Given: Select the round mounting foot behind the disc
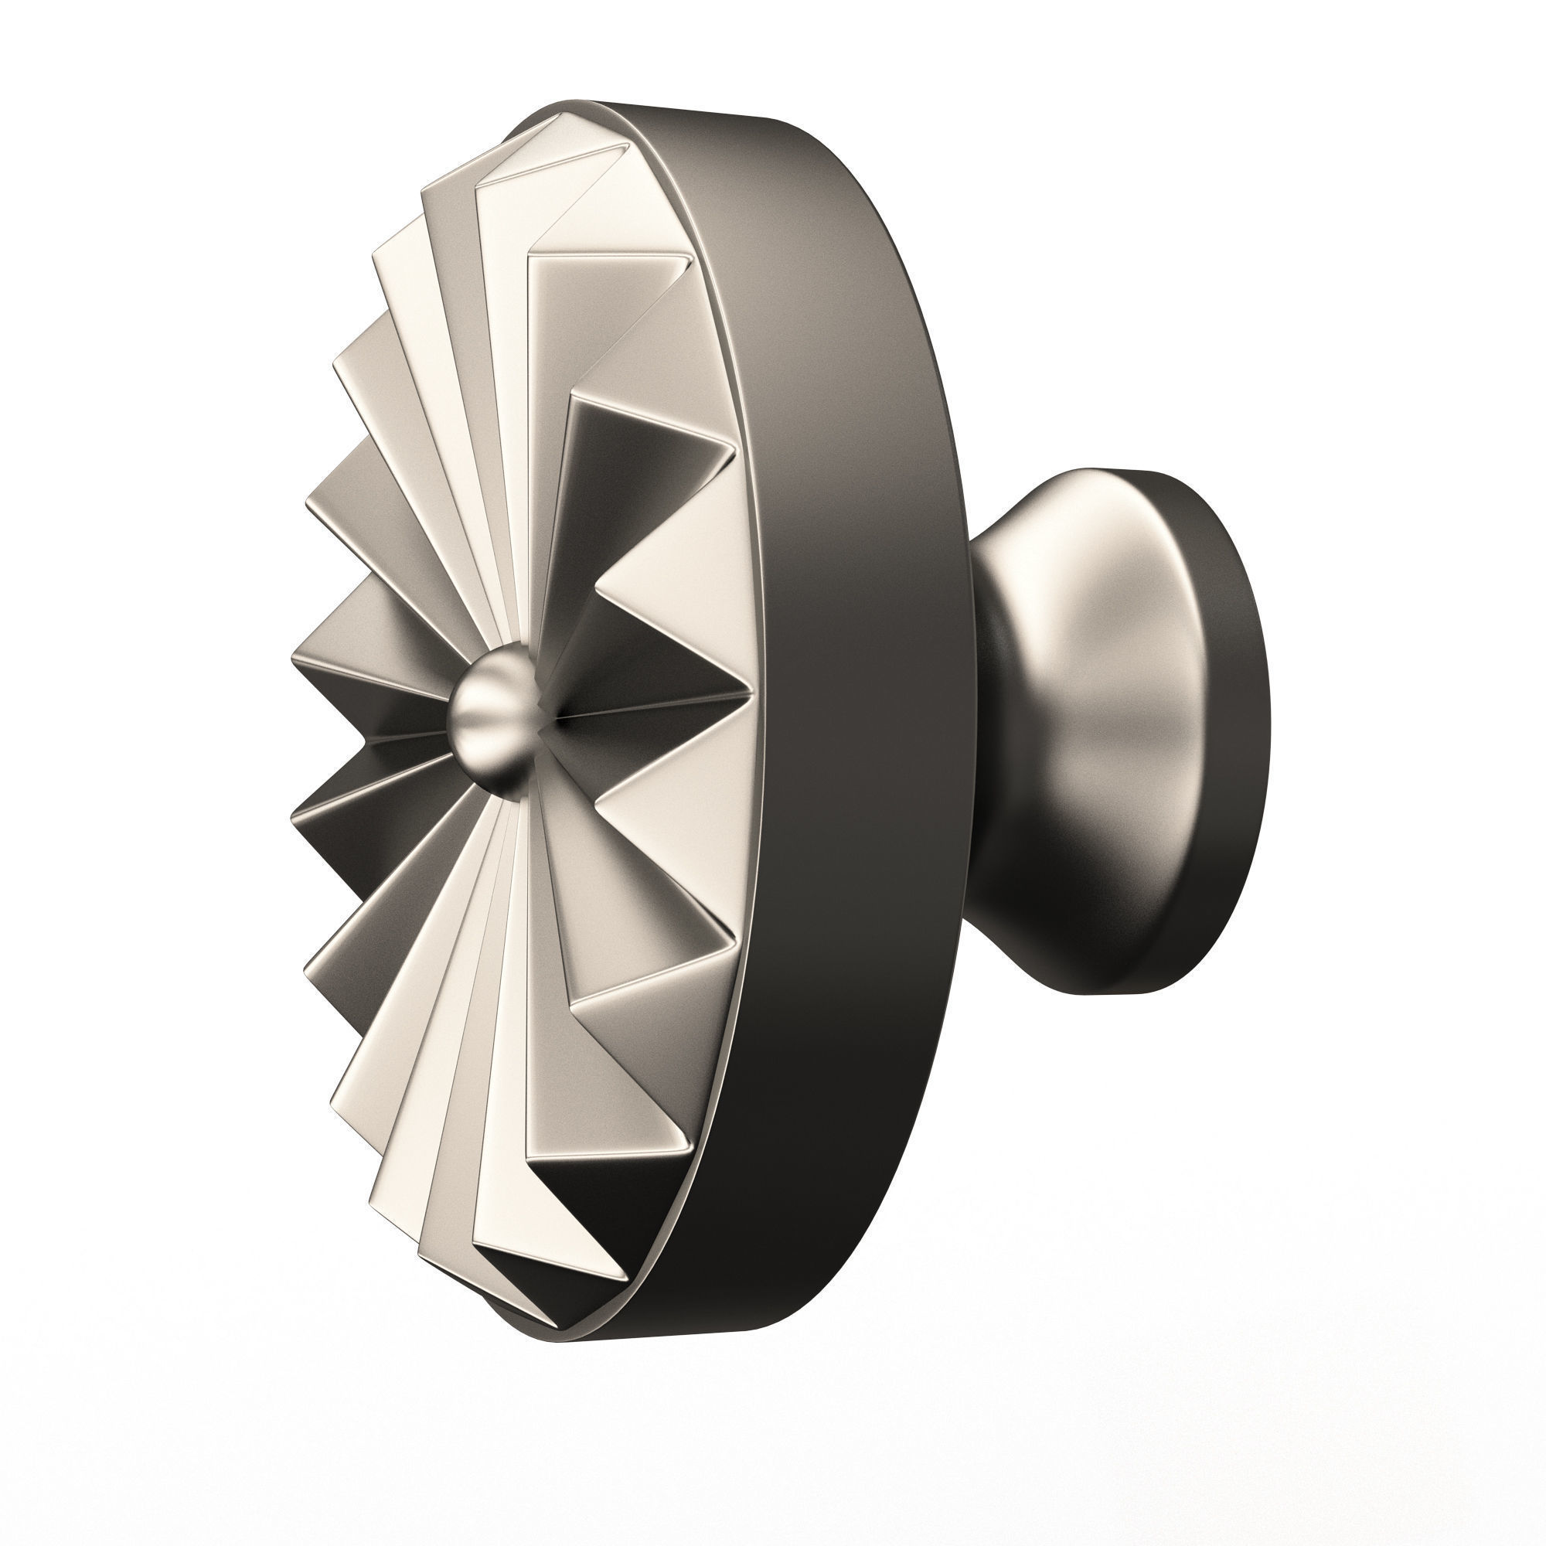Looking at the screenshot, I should (1120, 732).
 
